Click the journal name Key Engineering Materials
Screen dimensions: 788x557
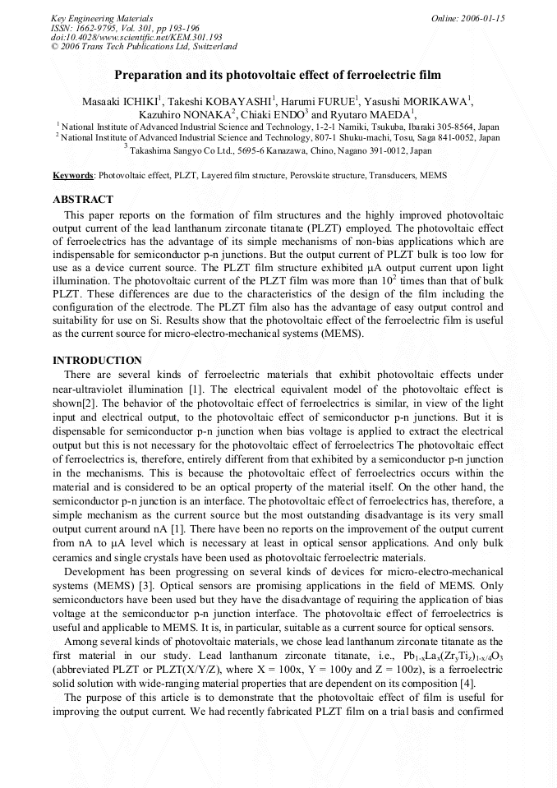click(x=101, y=18)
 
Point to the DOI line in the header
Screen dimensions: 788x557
click(x=136, y=37)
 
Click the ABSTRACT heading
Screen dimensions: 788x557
click(x=83, y=200)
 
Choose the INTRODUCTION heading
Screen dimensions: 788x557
click(x=97, y=361)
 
